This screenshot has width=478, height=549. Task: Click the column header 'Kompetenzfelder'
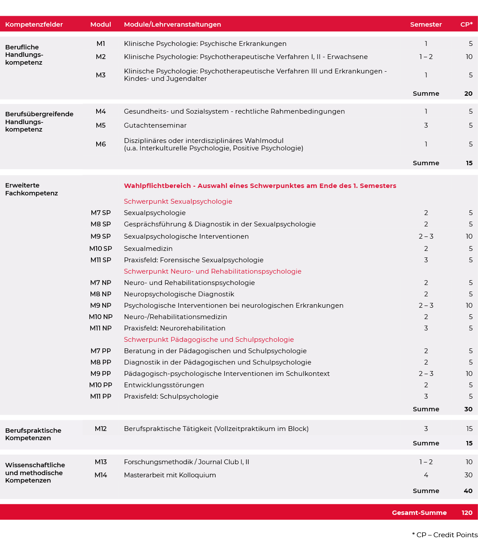coord(34,24)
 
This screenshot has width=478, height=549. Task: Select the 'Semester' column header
coord(426,24)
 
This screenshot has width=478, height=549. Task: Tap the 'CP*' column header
coord(466,24)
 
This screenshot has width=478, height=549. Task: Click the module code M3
coord(101,75)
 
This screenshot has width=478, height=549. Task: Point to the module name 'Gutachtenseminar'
coord(155,125)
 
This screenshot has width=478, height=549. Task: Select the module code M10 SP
coord(101,249)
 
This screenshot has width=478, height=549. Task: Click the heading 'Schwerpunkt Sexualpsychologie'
coord(178,202)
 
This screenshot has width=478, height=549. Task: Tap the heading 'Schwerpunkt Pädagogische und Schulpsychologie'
coord(209,340)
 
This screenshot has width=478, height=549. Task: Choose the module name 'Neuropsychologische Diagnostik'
coord(179,294)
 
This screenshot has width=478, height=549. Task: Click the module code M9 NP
coord(101,306)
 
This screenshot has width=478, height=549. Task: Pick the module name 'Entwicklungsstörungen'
coord(164,385)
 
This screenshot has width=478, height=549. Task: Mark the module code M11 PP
coord(101,396)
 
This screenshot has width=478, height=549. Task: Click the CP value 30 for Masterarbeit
coord(468,475)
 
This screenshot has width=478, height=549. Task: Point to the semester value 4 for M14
coord(426,475)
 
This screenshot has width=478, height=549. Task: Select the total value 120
coord(467,513)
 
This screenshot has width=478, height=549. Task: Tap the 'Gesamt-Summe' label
coord(419,513)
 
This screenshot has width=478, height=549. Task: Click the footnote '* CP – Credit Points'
coord(444,535)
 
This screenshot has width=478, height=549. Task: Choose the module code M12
coord(101,429)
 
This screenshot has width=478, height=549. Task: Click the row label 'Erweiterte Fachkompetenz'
coord(31,189)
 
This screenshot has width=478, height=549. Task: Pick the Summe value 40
coord(468,491)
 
